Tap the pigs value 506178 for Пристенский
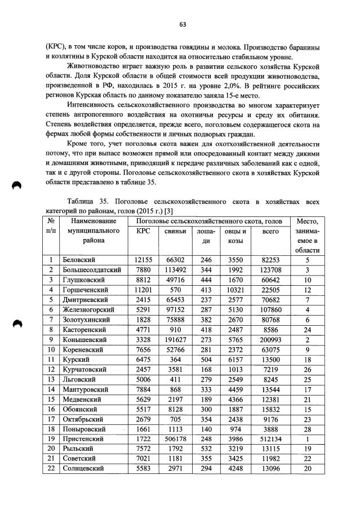click(x=176, y=438)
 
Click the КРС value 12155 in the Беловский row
click(x=144, y=260)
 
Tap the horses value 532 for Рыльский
click(x=206, y=448)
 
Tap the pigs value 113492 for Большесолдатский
click(x=176, y=270)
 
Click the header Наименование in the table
click(x=94, y=221)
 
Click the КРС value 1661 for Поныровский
click(x=144, y=428)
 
